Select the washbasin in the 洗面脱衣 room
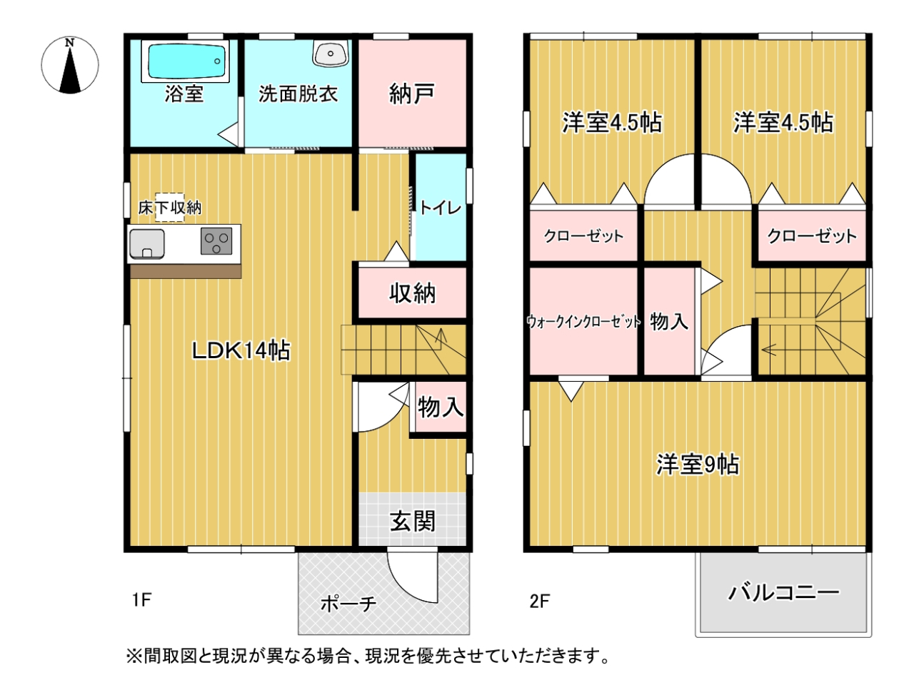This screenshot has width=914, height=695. [330, 54]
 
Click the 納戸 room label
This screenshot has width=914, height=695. [412, 93]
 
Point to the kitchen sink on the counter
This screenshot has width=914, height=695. [147, 244]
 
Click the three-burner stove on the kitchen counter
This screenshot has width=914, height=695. [216, 241]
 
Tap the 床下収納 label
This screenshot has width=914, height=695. [170, 208]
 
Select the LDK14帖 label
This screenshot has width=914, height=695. [241, 350]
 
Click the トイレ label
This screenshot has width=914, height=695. [440, 208]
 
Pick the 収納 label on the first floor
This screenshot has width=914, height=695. [412, 293]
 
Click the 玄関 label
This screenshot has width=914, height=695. [412, 522]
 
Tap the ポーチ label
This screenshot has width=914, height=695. [348, 604]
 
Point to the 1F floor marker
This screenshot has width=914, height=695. [141, 600]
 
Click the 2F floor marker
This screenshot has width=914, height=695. [540, 602]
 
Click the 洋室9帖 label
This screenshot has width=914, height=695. [698, 465]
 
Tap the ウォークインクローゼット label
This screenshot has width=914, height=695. [583, 322]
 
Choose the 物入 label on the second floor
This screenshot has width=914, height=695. [669, 322]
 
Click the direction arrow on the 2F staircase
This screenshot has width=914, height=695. [770, 350]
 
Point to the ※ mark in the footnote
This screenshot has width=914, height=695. [134, 656]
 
